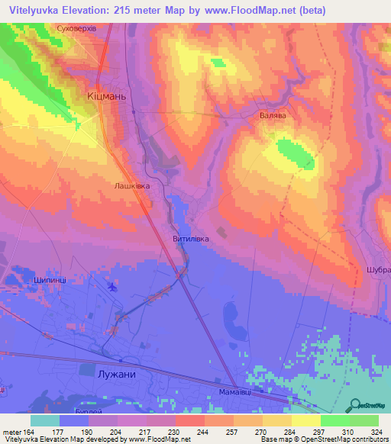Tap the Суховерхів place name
(78, 28)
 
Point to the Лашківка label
(131, 185)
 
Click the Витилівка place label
(191, 237)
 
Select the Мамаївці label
(228, 392)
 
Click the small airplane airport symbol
(114, 287)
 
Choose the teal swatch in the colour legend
(45, 420)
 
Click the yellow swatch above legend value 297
(305, 420)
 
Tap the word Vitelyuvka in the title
(36, 11)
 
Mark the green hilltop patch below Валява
(296, 153)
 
